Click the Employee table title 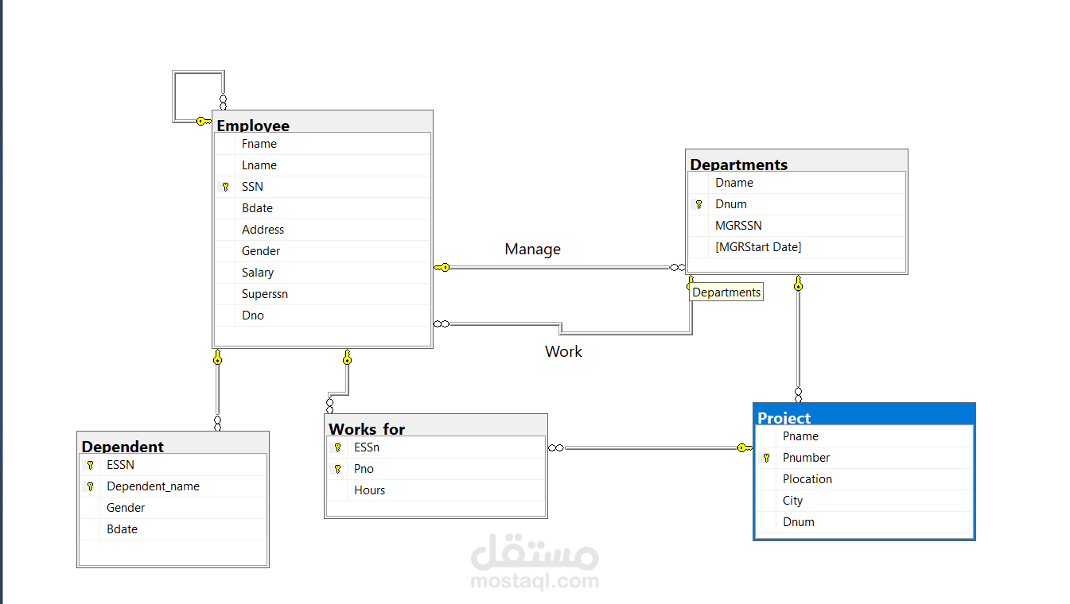click(x=253, y=126)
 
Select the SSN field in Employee click(x=252, y=187)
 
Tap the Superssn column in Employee click(x=265, y=294)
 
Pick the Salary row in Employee click(x=258, y=273)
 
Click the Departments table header click(x=738, y=165)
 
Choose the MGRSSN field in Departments click(x=738, y=226)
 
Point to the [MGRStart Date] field click(x=758, y=247)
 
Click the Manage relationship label click(x=532, y=250)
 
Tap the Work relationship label click(x=563, y=351)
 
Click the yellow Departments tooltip click(x=726, y=292)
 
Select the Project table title click(x=784, y=418)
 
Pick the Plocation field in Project click(x=807, y=479)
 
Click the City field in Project click(x=792, y=501)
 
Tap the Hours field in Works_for click(x=369, y=490)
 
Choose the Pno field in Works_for click(x=364, y=469)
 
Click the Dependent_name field click(x=153, y=486)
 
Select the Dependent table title click(x=123, y=447)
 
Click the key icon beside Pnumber click(x=766, y=458)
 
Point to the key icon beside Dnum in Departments click(x=698, y=204)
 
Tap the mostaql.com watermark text click(x=535, y=581)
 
